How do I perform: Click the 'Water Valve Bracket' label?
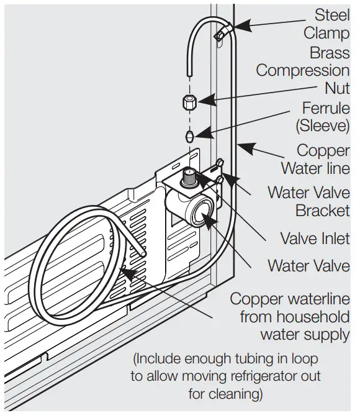pyautogui.click(x=308, y=201)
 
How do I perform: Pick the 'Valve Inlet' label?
pyautogui.click(x=315, y=238)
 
